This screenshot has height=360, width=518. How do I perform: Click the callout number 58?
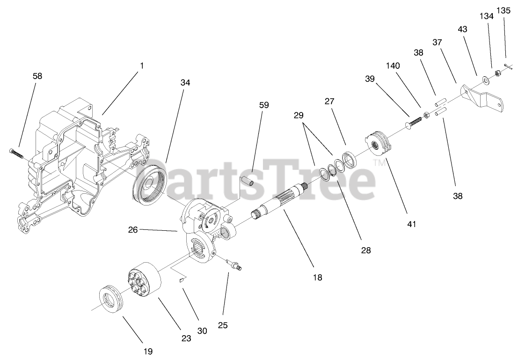pyautogui.click(x=37, y=76)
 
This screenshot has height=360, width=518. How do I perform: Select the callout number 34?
pyautogui.click(x=185, y=83)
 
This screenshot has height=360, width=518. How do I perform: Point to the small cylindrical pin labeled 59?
pyautogui.click(x=248, y=180)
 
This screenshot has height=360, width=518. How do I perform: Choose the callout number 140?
pyautogui.click(x=393, y=66)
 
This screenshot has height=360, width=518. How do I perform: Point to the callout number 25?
pyautogui.click(x=223, y=325)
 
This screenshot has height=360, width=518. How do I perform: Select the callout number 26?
pyautogui.click(x=132, y=230)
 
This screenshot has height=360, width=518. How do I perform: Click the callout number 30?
pyautogui.click(x=202, y=331)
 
